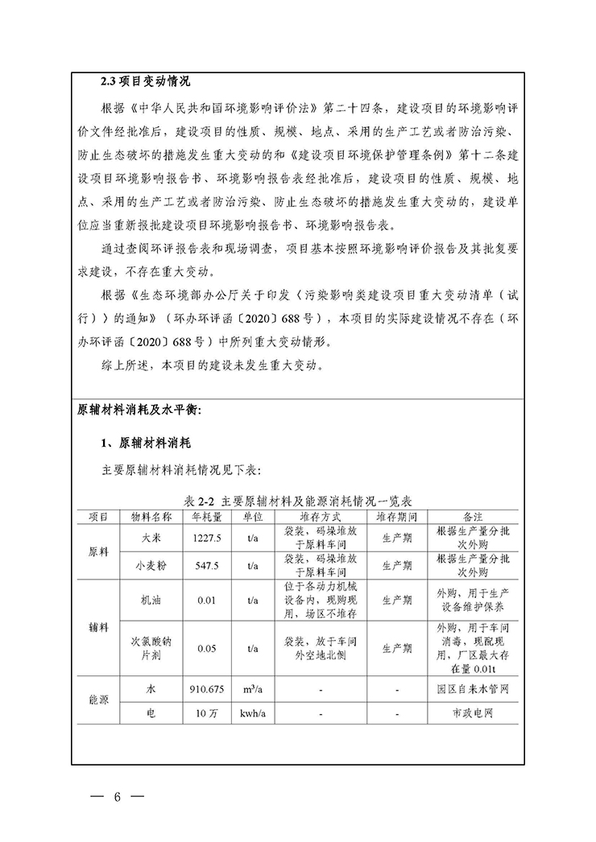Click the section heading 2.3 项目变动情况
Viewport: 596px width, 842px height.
click(x=145, y=83)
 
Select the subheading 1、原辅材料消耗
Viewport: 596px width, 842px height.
click(x=144, y=443)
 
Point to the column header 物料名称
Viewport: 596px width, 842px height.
click(x=150, y=516)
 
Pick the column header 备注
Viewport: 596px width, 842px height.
click(x=472, y=516)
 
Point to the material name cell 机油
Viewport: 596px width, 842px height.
click(x=150, y=600)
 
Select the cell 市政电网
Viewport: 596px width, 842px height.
click(x=472, y=713)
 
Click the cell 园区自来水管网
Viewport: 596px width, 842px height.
click(x=472, y=690)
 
